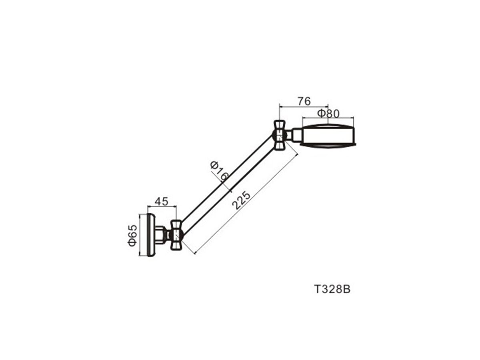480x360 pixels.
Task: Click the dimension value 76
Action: point(304,102)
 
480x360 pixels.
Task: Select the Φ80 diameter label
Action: point(328,114)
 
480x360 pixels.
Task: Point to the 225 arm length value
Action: point(242,200)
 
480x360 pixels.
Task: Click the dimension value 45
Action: point(161,201)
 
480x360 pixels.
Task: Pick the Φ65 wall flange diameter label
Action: point(132,235)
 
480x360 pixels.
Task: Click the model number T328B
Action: point(332,289)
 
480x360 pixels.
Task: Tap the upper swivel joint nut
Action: point(280,135)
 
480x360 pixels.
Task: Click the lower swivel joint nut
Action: point(176,235)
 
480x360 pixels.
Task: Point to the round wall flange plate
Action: point(151,235)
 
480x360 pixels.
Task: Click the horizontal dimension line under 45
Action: point(162,207)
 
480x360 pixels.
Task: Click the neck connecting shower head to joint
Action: point(296,135)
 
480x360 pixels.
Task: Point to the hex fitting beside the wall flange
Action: point(161,235)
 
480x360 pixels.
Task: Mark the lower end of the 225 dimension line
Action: point(195,253)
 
